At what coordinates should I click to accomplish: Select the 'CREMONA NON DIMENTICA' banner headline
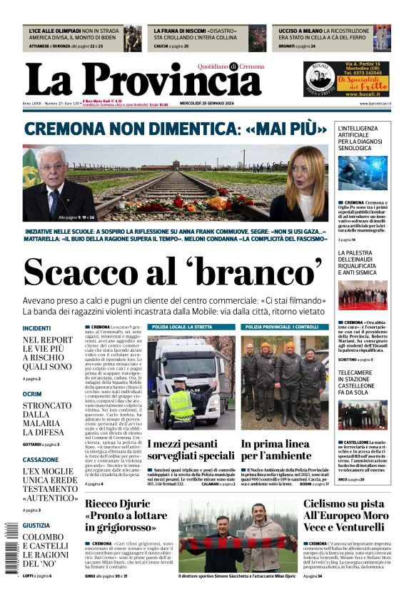tap(171, 129)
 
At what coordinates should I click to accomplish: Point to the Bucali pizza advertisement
tap(336, 79)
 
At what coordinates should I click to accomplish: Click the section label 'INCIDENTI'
tap(37, 328)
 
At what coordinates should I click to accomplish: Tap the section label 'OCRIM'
tap(32, 394)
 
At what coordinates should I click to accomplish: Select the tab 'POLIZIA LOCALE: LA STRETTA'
tap(182, 327)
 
